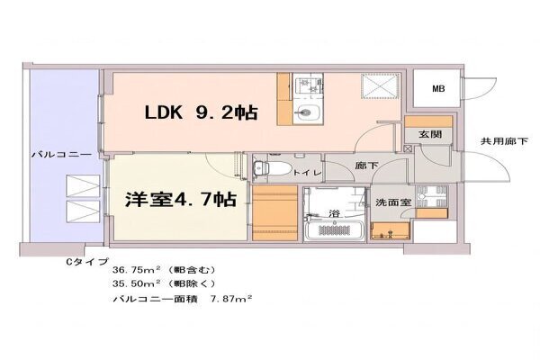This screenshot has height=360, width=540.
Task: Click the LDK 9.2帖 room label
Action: (201, 112)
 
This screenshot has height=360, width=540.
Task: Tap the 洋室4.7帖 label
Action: (181, 199)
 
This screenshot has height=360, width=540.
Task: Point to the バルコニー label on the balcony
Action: (62, 154)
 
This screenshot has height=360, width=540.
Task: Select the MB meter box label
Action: (438, 88)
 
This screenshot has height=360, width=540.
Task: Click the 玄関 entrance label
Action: (430, 134)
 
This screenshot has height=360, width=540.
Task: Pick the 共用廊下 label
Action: (504, 141)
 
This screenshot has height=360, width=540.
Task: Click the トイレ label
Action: (307, 173)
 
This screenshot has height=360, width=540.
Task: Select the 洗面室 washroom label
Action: (393, 202)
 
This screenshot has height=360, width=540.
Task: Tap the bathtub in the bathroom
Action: (335, 230)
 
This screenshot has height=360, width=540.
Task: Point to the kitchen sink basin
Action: (308, 112)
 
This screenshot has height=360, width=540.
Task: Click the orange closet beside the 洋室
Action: (274, 212)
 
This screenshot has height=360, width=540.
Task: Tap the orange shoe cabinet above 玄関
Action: (428, 121)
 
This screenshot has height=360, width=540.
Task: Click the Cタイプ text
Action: (87, 262)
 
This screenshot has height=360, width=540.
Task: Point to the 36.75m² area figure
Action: (137, 269)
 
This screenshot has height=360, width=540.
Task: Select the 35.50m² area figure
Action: (137, 283)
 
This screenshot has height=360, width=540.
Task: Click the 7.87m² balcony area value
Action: (231, 298)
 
